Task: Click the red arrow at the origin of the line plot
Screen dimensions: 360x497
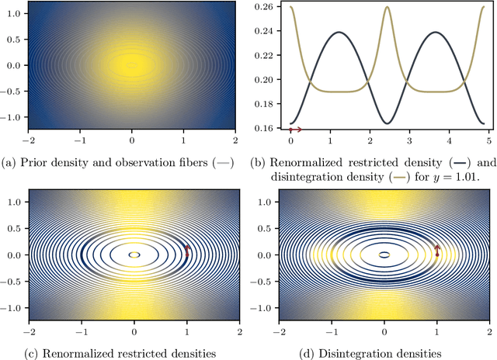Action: [x=295, y=130]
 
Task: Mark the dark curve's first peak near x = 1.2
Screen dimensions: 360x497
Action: [x=338, y=33]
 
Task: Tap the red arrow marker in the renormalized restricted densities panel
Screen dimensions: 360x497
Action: [x=186, y=250]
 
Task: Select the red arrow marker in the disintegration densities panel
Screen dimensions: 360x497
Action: [x=436, y=250]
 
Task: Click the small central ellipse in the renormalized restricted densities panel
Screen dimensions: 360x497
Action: [x=134, y=254]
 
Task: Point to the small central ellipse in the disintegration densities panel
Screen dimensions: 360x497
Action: [x=384, y=254]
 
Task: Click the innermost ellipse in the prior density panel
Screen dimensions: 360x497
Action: [x=132, y=65]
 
